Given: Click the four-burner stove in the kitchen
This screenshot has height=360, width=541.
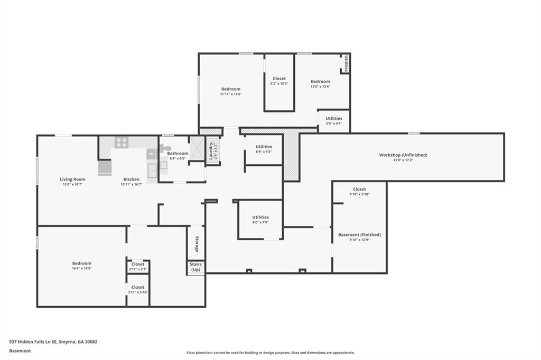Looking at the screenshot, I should [x=122, y=142].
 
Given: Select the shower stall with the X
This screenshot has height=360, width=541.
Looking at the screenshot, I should [x=197, y=149].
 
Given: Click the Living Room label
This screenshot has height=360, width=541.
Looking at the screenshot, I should [x=72, y=179].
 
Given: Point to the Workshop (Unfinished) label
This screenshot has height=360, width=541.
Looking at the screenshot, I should [x=403, y=155].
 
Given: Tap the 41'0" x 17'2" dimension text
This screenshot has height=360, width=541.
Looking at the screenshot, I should [x=403, y=160].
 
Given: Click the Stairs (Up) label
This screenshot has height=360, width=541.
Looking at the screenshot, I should [x=196, y=267].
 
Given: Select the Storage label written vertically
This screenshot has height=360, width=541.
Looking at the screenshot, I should [x=197, y=244].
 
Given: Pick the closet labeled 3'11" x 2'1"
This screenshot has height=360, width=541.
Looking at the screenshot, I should [x=138, y=267].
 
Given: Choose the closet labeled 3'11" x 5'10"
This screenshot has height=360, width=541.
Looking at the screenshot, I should [x=138, y=290].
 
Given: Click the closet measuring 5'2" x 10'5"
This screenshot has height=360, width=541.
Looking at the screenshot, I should [x=279, y=81].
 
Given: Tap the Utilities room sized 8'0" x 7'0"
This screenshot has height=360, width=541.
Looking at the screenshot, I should [x=260, y=220].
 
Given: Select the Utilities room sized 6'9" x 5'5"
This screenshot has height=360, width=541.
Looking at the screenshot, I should [x=264, y=149].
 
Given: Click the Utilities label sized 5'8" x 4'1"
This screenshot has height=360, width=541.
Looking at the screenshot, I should [x=334, y=119].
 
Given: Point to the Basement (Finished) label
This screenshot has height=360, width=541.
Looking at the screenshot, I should [x=359, y=234].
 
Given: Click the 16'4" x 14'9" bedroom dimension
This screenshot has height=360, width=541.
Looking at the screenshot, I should [x=82, y=269].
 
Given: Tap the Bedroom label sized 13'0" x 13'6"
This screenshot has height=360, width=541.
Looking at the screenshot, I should [x=320, y=81].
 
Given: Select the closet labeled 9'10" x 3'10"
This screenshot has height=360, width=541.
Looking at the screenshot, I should [x=359, y=192].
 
